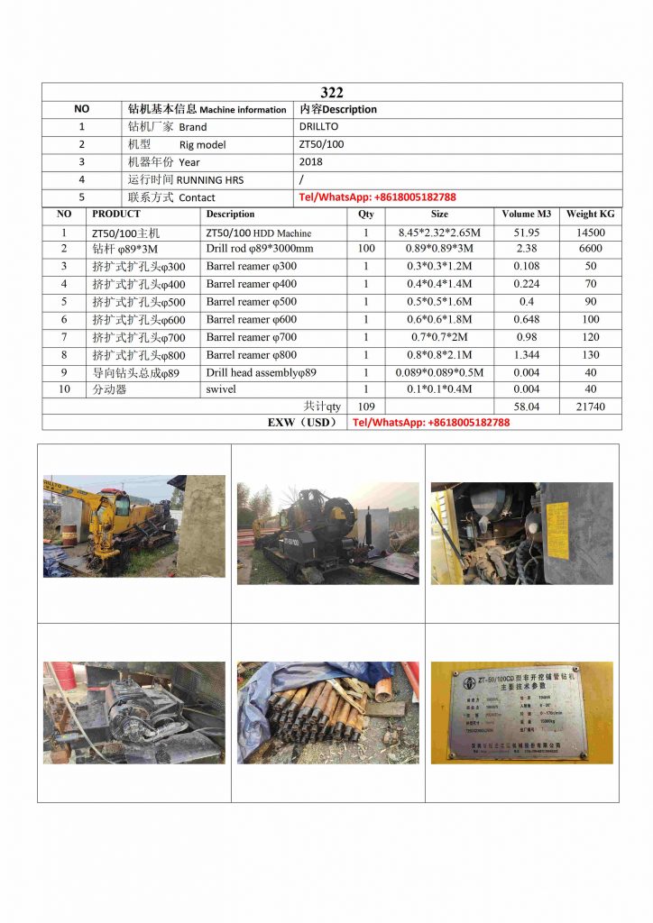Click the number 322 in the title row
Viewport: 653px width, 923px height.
pos(331,92)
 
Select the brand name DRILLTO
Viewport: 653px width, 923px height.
pos(318,127)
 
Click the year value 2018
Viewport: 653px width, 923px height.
pos(310,162)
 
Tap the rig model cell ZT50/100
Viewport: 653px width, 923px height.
pos(321,144)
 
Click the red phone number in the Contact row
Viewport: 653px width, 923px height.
pos(377,196)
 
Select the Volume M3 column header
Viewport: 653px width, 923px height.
pos(526,215)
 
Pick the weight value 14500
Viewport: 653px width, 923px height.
pos(590,233)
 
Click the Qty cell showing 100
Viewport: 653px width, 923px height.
pos(365,249)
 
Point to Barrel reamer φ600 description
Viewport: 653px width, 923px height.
pos(251,319)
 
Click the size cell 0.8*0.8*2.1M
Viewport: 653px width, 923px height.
pos(439,354)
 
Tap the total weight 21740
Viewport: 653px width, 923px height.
pos(590,407)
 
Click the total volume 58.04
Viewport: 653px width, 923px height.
pos(526,407)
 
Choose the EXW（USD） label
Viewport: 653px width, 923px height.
pos(302,422)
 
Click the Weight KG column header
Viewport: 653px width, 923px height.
pos(590,215)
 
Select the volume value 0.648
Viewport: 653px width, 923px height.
pos(526,319)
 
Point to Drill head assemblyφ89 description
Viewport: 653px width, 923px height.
pos(261,372)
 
